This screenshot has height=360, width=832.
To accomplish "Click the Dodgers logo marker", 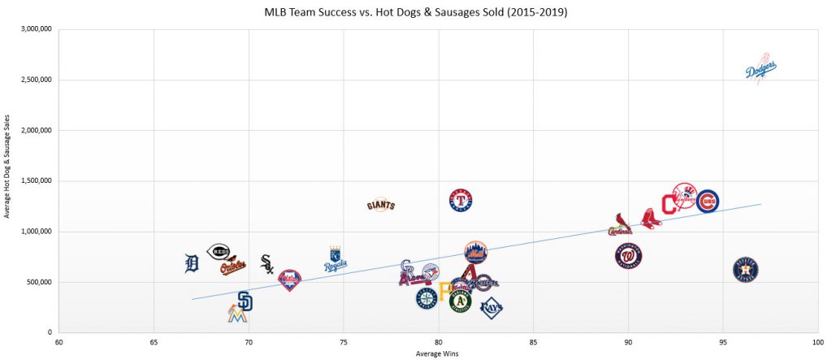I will click(761, 71).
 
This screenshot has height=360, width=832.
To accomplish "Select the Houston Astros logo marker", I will click(746, 269).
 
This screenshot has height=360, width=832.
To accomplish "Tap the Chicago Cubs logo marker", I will click(708, 200).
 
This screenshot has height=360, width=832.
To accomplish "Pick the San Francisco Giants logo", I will click(380, 205).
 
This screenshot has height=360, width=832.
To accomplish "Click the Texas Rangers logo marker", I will click(461, 200).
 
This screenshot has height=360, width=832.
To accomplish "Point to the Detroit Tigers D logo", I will click(192, 263).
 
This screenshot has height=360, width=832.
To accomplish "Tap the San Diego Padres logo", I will click(245, 301).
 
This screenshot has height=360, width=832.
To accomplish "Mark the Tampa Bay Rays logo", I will click(491, 307).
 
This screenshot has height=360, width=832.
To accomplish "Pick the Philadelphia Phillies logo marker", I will click(289, 280).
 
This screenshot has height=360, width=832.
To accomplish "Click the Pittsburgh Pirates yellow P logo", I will click(444, 291).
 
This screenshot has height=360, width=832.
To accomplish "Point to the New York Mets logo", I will click(476, 253).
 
